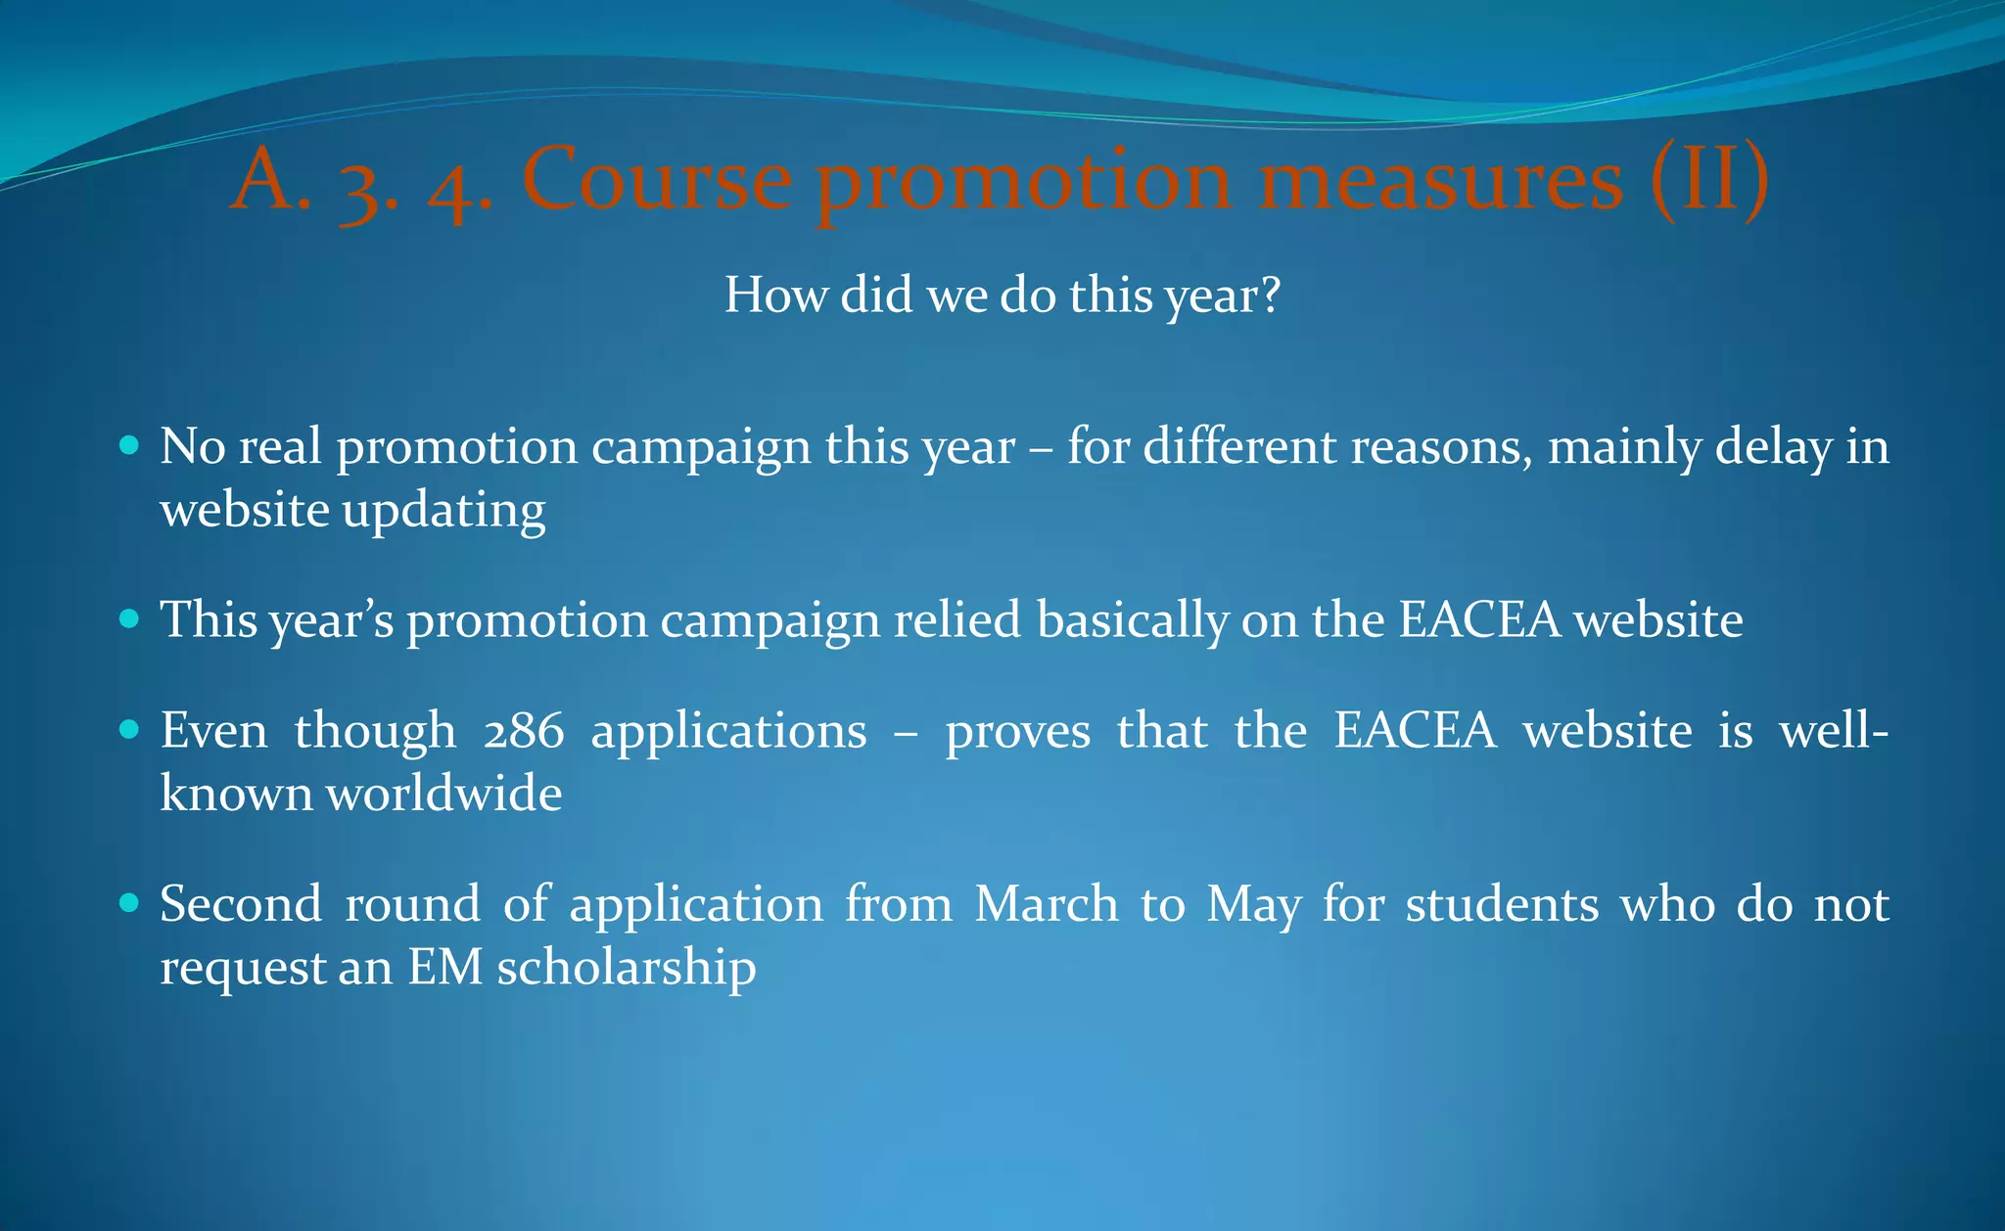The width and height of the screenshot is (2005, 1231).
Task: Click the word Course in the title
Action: pyautogui.click(x=657, y=180)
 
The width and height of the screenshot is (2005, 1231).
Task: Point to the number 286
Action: pyautogui.click(x=524, y=731)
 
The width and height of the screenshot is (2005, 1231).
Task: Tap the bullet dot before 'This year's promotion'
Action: pyautogui.click(x=129, y=619)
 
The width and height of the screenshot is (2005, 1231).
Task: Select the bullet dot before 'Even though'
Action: pyautogui.click(x=129, y=730)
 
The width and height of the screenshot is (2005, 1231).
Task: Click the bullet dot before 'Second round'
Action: pyautogui.click(x=129, y=902)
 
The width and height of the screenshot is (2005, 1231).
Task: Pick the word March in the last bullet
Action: pyautogui.click(x=1046, y=903)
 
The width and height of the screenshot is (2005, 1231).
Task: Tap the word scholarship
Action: pyautogui.click(x=627, y=968)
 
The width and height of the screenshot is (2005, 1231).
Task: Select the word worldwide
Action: pyautogui.click(x=443, y=793)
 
